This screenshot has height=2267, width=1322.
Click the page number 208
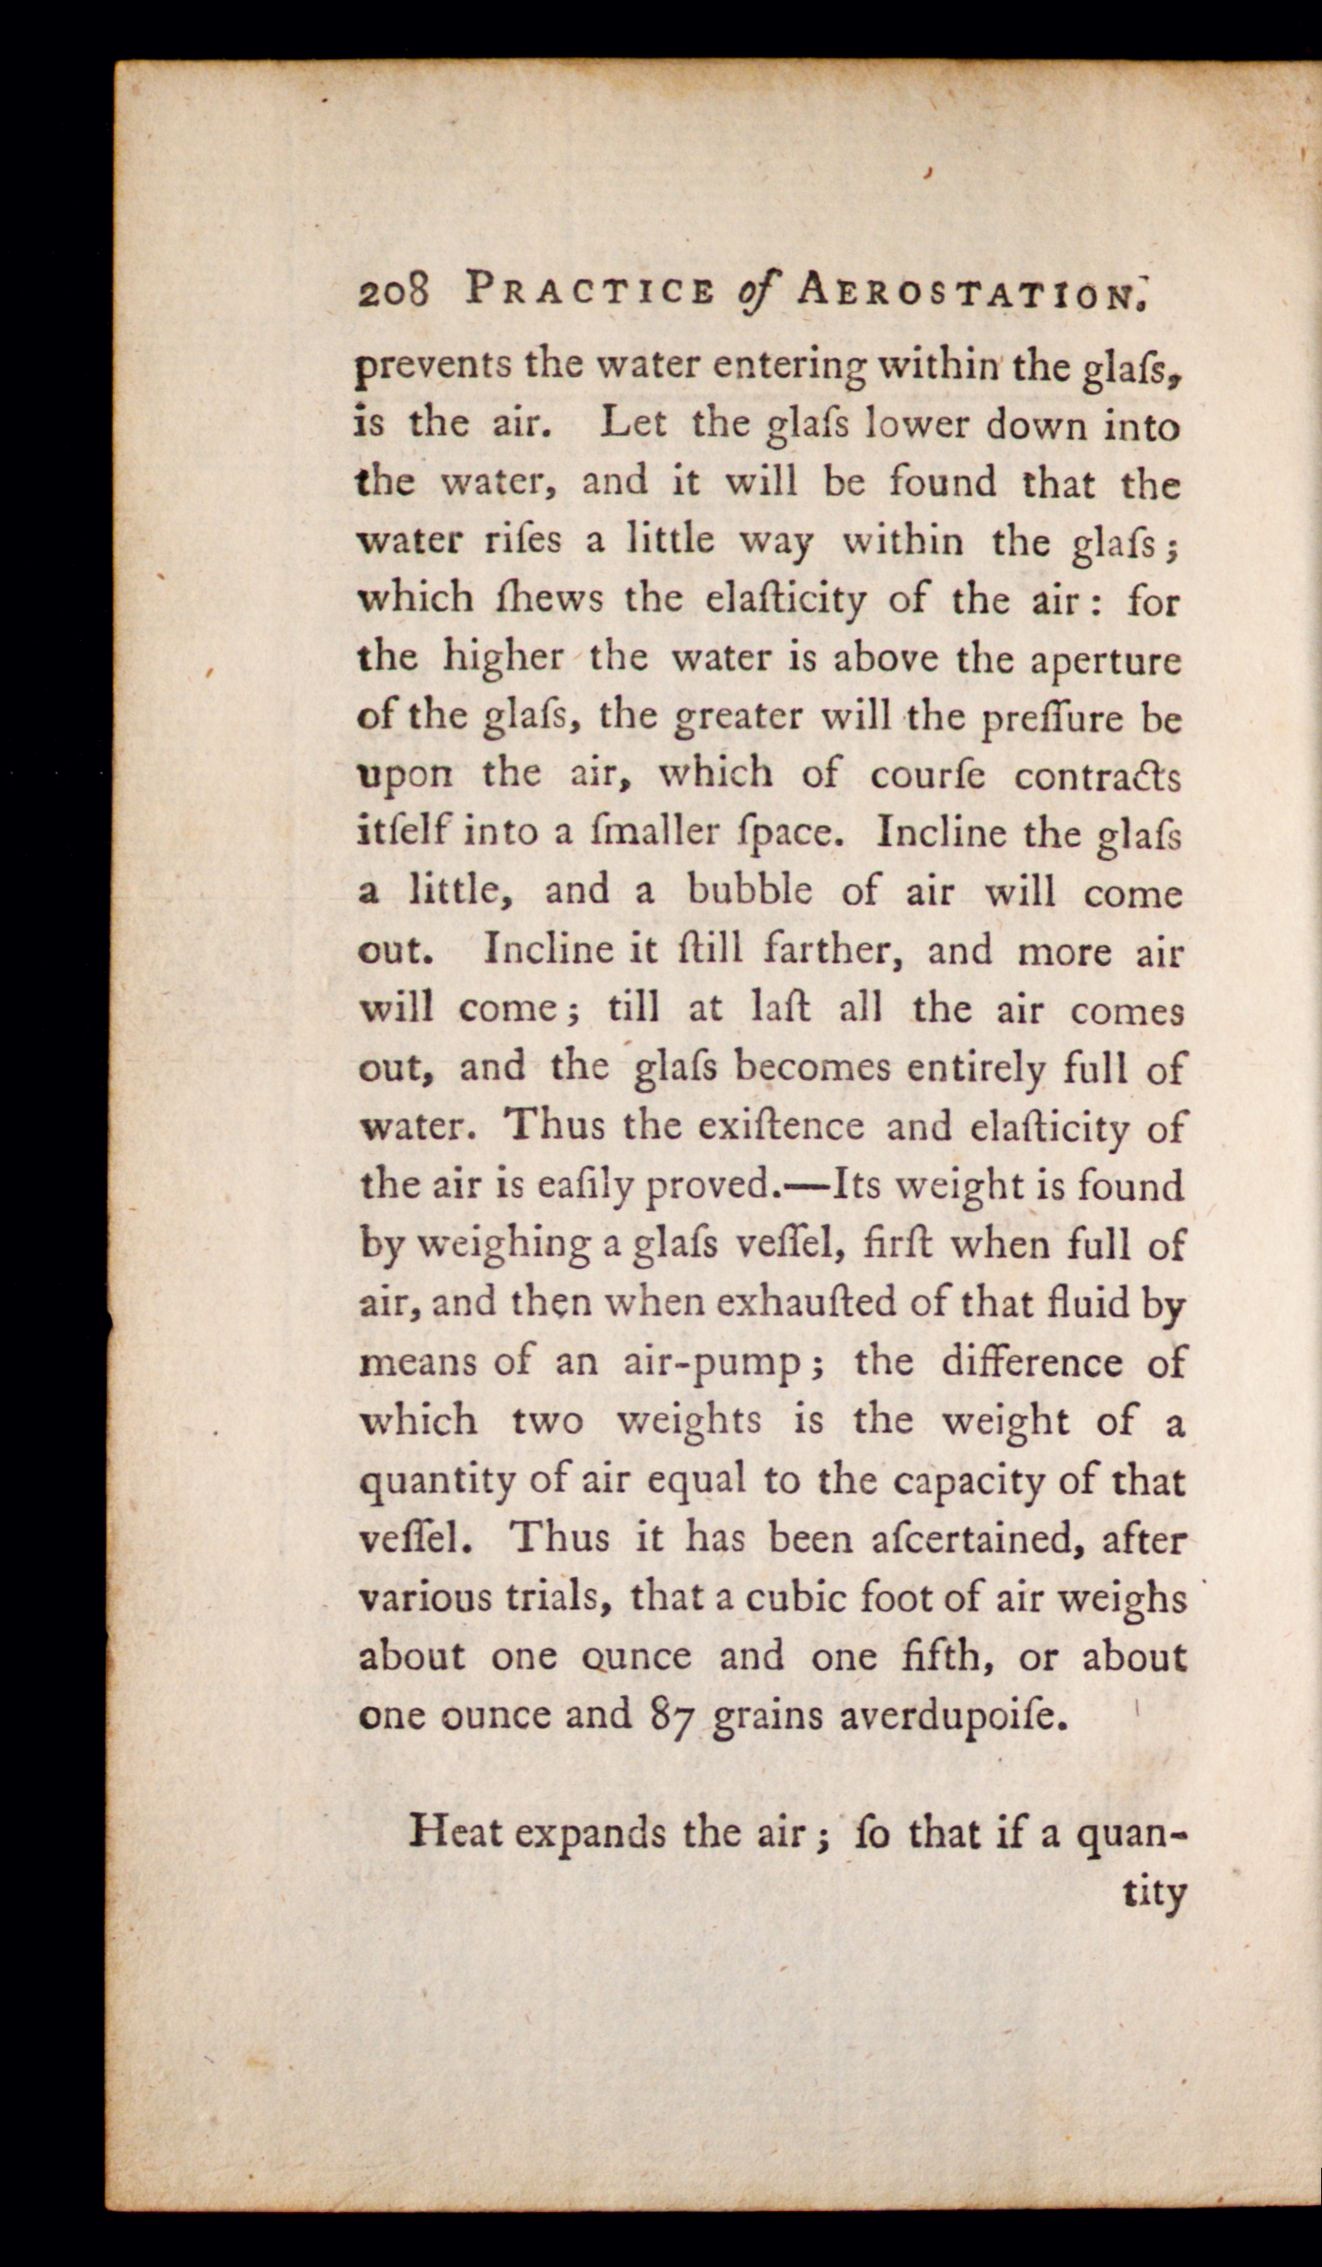(x=396, y=293)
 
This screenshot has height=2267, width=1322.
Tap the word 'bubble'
(x=749, y=891)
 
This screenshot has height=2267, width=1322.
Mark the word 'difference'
(x=1031, y=1362)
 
